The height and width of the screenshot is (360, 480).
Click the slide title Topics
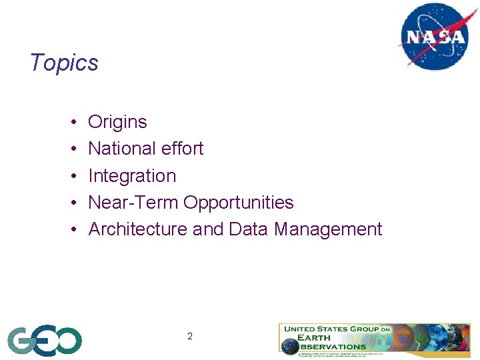[64, 63]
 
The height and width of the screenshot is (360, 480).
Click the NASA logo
[433, 36]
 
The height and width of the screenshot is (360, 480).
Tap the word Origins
[117, 122]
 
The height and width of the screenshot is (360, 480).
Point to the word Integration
[132, 176]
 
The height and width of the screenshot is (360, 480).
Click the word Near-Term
[133, 203]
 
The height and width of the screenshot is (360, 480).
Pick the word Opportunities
[239, 203]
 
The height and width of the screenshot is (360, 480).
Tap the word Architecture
[138, 229]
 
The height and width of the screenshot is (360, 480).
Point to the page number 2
[190, 337]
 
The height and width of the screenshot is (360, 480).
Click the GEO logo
[45, 341]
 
